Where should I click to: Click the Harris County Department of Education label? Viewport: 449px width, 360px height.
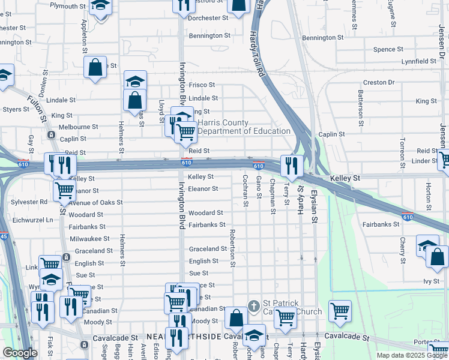click(244, 127)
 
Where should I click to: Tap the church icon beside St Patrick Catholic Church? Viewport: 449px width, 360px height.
click(254, 307)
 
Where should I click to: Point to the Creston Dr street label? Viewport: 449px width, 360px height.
click(379, 82)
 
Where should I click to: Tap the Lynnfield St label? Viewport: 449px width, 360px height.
click(419, 61)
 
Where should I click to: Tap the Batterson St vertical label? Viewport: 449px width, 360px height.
click(361, 107)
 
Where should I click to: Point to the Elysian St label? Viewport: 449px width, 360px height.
click(313, 208)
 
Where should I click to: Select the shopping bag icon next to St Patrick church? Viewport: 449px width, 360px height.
click(236, 318)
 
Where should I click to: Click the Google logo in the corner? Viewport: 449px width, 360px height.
click(20, 353)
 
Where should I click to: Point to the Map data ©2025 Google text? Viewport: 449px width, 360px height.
click(412, 355)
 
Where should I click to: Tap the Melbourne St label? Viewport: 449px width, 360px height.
click(78, 127)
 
